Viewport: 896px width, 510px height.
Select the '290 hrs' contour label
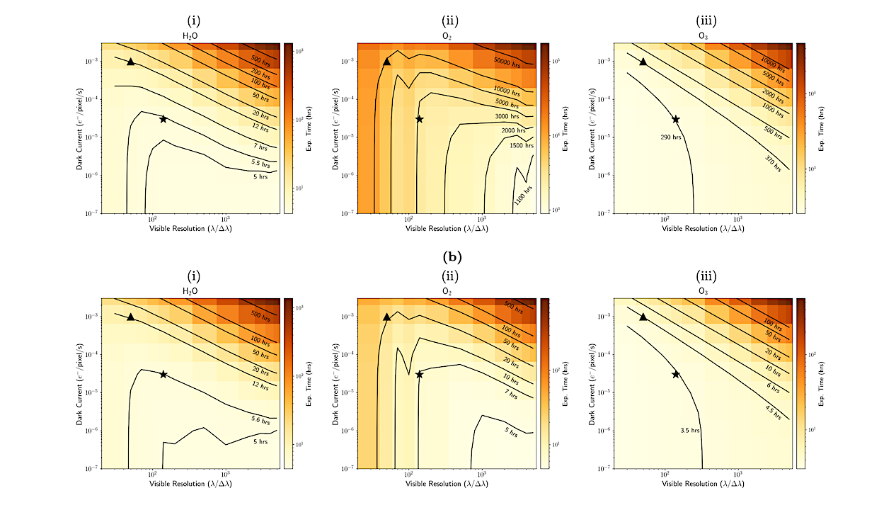[670, 137]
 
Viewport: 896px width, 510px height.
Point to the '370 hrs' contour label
[774, 164]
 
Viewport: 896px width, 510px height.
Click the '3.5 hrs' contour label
[679, 429]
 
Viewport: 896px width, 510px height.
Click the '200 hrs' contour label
[260, 72]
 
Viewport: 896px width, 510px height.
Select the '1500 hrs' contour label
[521, 145]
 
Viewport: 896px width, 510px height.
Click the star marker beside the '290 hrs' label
[675, 119]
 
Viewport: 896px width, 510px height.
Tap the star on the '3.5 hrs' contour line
[675, 374]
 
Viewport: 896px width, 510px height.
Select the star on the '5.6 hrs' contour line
[163, 374]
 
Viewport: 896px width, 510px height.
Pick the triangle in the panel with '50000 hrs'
[386, 62]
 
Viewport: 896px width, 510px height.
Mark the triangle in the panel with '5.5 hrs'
[130, 62]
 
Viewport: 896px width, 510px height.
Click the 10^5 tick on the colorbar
[556, 62]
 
